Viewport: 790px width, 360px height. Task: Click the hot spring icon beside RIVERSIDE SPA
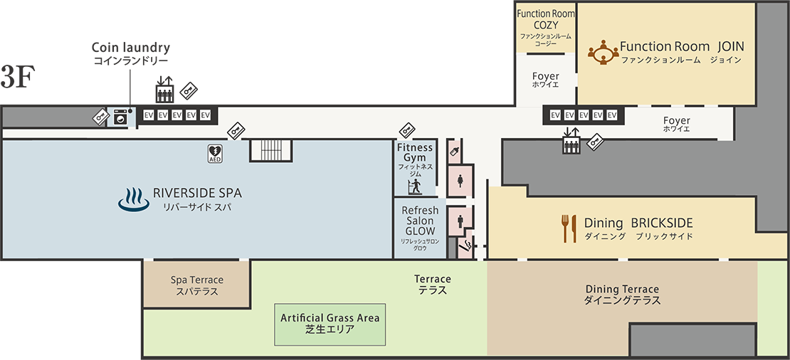point(132,200)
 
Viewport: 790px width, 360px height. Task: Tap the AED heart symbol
point(215,152)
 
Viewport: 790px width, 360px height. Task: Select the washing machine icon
point(122,116)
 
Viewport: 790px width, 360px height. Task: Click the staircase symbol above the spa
point(271,150)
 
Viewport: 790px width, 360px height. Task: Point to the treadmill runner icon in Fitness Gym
point(414,186)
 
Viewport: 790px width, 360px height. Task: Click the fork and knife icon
point(569,228)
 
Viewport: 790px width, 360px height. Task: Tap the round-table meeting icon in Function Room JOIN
point(603,52)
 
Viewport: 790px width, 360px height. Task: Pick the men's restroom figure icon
point(460,221)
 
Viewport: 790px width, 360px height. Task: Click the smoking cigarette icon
point(466,247)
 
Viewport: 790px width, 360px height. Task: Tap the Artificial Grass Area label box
point(330,324)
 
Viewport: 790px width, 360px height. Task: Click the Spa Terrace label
point(197,285)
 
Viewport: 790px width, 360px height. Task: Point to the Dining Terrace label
point(622,295)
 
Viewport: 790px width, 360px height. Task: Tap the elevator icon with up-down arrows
point(572,142)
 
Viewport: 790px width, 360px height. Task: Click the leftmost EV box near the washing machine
point(149,115)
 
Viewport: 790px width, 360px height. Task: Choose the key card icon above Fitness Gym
point(407,130)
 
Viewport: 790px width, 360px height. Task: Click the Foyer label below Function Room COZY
point(546,79)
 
